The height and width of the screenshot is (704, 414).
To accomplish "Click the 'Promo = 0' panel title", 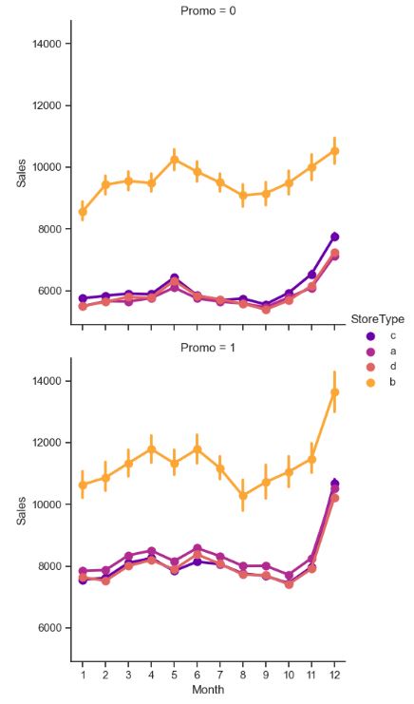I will tap(207, 10).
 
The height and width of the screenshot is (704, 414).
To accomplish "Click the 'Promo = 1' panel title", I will tap(207, 348).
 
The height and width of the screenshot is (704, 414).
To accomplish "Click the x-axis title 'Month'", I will tap(207, 690).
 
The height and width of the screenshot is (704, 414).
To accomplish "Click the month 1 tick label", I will tap(82, 674).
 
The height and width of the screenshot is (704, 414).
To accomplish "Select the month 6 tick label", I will tap(197, 674).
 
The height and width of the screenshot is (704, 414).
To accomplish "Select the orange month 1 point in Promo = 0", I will tap(82, 212).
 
